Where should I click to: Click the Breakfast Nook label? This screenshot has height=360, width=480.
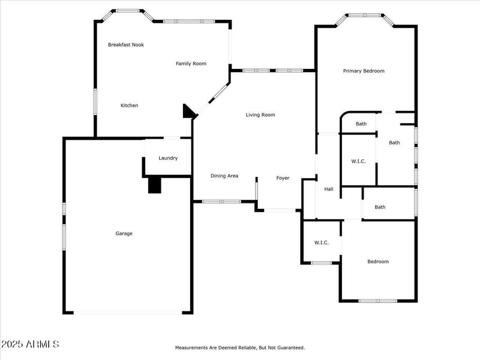[x=125, y=44]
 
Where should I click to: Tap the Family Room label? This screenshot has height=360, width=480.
[x=191, y=64]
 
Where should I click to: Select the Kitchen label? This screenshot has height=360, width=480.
[x=129, y=106]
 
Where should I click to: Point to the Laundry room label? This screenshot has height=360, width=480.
[x=168, y=158]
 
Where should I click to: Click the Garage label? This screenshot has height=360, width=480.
[x=124, y=233]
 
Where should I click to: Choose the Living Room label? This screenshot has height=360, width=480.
[x=260, y=115]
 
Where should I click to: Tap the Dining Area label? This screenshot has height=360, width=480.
[x=224, y=176]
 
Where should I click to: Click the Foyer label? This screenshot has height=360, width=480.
[x=283, y=178]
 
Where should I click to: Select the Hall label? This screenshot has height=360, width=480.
[x=329, y=189]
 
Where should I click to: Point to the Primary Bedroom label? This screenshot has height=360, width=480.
[x=364, y=71]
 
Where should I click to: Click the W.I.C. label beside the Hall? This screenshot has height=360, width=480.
[x=358, y=161]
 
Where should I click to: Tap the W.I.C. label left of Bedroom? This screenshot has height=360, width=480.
[x=322, y=242]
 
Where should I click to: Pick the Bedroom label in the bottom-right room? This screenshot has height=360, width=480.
[x=378, y=262]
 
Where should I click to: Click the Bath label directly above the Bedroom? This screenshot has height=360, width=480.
[x=380, y=207]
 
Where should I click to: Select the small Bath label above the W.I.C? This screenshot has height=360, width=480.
[x=361, y=124]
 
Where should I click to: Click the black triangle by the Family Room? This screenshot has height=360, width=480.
[x=189, y=112]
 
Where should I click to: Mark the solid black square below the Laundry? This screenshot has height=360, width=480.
[x=155, y=185]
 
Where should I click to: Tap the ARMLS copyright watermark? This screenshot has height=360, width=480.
[x=30, y=344]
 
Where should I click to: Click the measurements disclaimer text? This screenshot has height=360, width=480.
[x=240, y=347]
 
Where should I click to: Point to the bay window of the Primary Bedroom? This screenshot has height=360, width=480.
[x=364, y=16]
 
